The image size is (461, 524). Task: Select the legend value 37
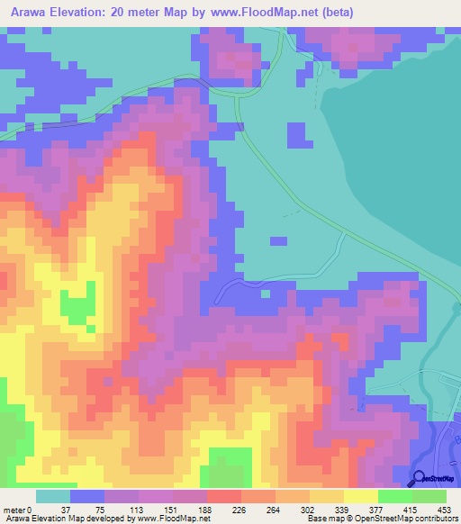click(87, 508)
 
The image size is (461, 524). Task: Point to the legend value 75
click(122, 508)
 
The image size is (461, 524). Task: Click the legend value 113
click(156, 508)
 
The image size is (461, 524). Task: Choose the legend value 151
click(190, 508)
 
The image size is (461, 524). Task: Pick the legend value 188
click(224, 508)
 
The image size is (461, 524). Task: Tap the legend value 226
click(258, 508)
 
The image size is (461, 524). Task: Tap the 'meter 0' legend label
click(17, 508)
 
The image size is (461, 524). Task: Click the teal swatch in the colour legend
click(53, 496)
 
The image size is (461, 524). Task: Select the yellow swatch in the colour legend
click(360, 496)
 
